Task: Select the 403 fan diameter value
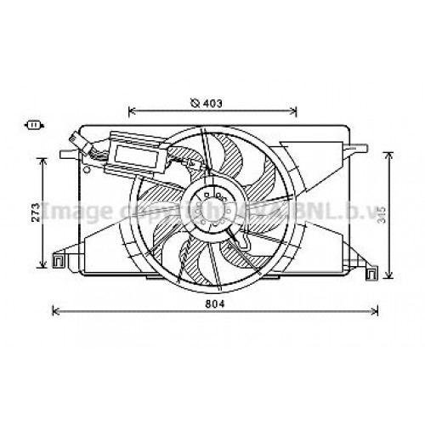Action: pyautogui.click(x=212, y=105)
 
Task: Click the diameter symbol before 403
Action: pyautogui.click(x=195, y=105)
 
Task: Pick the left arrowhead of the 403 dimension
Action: pyautogui.click(x=131, y=109)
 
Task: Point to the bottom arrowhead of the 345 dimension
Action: pyautogui.click(x=389, y=277)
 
